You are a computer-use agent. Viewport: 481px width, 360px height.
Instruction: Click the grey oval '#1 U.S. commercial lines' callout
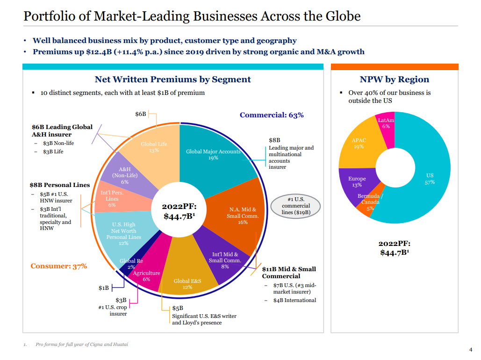click(x=296, y=206)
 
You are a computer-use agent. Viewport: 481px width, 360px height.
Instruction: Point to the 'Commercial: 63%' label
click(x=272, y=115)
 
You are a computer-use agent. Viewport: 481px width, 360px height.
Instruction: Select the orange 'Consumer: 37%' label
click(x=59, y=266)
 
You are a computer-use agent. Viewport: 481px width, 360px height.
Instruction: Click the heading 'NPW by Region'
click(x=394, y=79)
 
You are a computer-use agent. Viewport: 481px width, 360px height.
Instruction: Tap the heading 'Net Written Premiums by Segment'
click(x=172, y=79)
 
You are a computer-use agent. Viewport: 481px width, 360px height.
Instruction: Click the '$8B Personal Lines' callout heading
click(x=59, y=185)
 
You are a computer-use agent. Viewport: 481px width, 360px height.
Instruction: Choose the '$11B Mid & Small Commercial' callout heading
click(x=288, y=272)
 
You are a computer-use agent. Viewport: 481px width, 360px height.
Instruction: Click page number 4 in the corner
click(x=470, y=349)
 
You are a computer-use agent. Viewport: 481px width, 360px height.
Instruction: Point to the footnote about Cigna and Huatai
click(x=82, y=345)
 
